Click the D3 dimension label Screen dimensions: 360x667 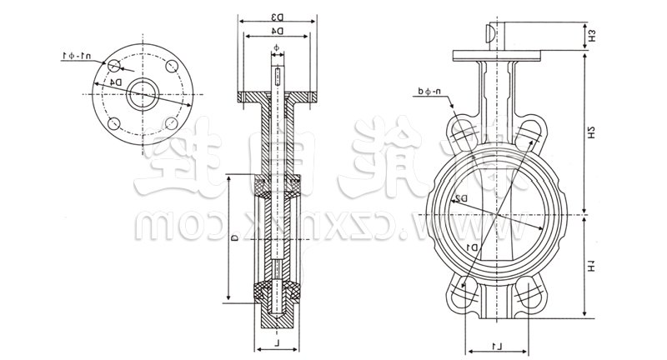click(277, 15)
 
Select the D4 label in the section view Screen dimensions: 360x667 click(277, 32)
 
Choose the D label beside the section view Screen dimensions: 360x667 click(236, 238)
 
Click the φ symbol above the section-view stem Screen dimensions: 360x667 click(277, 48)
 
